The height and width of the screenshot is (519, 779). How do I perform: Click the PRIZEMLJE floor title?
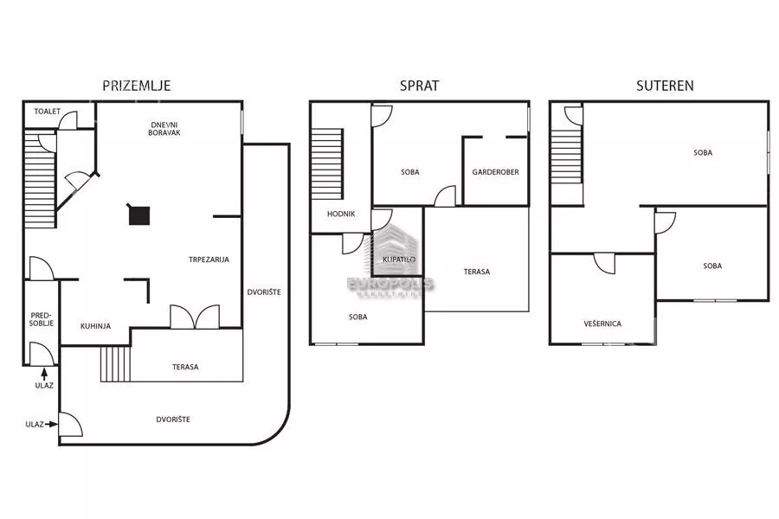point(137,86)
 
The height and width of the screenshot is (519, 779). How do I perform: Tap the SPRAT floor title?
point(419,86)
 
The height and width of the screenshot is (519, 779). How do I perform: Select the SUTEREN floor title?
point(665,86)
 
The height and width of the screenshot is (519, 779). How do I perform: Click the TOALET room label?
point(48,112)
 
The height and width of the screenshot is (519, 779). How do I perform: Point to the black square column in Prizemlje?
point(139,215)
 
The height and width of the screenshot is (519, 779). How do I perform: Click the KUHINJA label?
point(95,326)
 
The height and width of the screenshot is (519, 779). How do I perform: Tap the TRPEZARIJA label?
point(209,259)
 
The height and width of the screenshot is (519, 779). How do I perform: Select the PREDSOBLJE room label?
point(42,319)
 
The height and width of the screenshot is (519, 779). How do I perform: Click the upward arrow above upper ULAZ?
point(45,374)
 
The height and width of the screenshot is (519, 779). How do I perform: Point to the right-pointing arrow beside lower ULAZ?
point(52,424)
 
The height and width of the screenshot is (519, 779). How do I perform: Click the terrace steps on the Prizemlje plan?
point(116,364)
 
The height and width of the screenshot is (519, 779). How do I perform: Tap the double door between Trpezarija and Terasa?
point(195,317)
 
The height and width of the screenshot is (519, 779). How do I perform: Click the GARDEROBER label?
point(495,172)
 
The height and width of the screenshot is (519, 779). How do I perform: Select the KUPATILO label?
point(399,259)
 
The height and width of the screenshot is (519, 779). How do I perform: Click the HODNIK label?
point(341,214)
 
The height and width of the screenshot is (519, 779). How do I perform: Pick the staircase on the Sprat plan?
point(327,163)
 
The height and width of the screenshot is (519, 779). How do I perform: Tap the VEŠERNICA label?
point(602,324)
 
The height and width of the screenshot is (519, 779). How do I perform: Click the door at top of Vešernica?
point(605,263)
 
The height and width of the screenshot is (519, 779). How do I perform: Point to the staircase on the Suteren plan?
point(567,154)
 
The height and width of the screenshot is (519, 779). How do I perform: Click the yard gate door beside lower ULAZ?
point(71,425)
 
